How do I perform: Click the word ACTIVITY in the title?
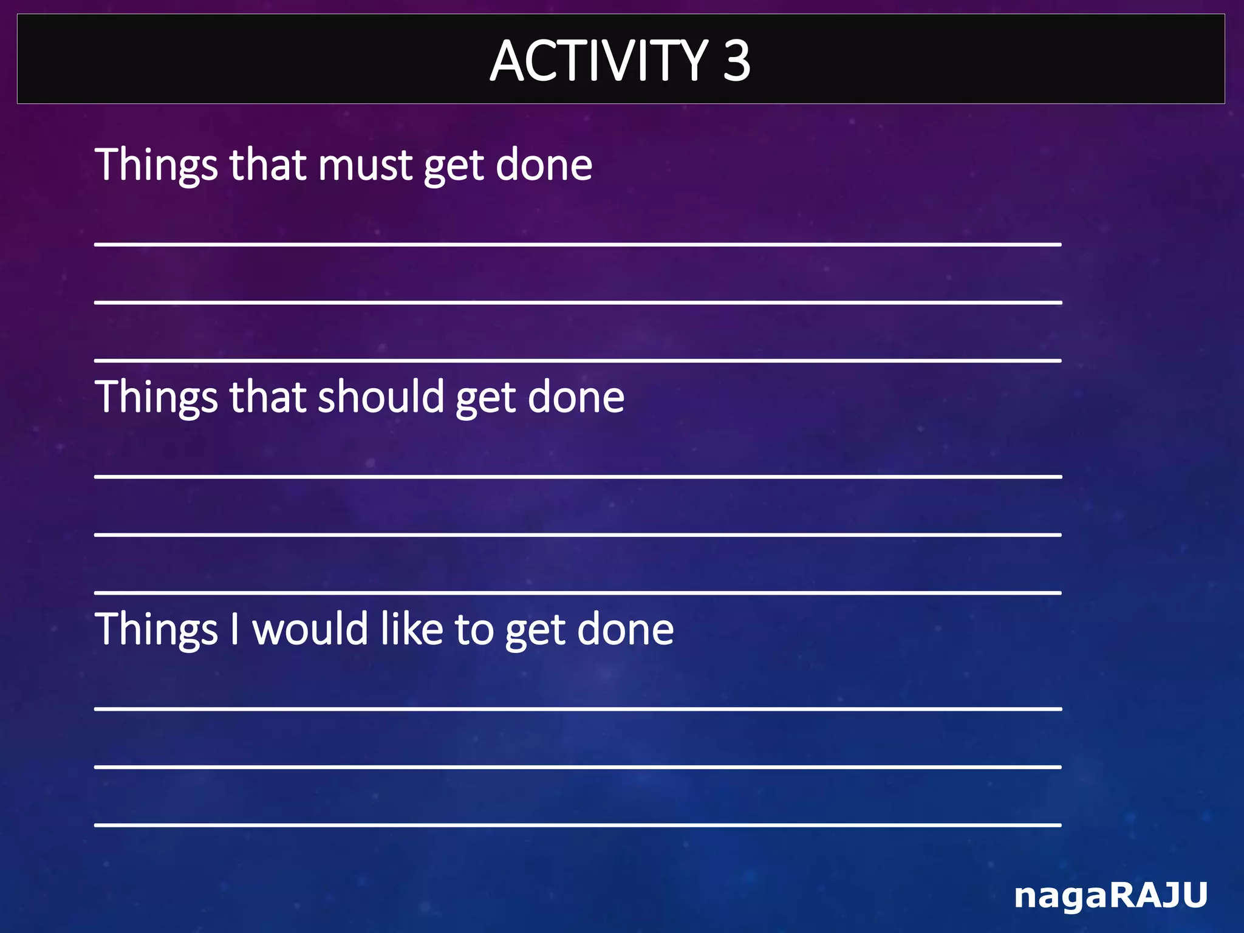pyautogui.click(x=598, y=61)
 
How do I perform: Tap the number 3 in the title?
pyautogui.click(x=736, y=61)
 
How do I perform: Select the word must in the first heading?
pyautogui.click(x=365, y=165)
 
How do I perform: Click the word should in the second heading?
pyautogui.click(x=381, y=397)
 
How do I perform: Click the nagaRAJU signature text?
pyautogui.click(x=1110, y=895)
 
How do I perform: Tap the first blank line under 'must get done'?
pyautogui.click(x=578, y=244)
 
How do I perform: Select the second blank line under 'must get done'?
pyautogui.click(x=578, y=302)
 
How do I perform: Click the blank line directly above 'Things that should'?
pyautogui.click(x=578, y=360)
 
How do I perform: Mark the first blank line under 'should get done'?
pyautogui.click(x=578, y=476)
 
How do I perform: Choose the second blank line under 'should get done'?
pyautogui.click(x=578, y=535)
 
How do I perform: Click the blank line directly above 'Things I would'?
pyautogui.click(x=578, y=592)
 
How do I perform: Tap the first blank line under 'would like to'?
pyautogui.click(x=578, y=708)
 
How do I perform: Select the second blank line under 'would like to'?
pyautogui.click(x=578, y=767)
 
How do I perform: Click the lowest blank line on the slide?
pyautogui.click(x=578, y=824)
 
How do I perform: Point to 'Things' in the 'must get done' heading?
pyautogui.click(x=156, y=165)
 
